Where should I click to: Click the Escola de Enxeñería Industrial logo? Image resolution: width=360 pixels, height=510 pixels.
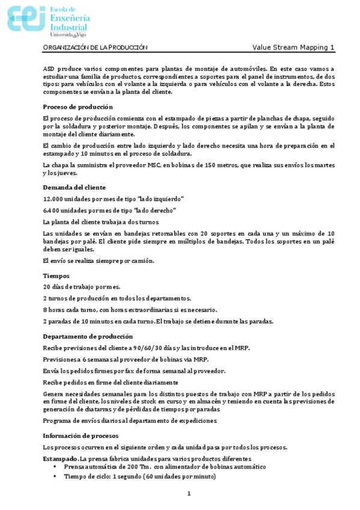47,19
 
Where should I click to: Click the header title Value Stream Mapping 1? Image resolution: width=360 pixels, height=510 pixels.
293,48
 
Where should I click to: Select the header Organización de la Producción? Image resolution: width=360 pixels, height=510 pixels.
96,48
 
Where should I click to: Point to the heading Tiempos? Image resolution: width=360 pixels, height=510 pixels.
56,275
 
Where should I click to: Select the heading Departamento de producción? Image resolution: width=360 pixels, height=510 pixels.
88,336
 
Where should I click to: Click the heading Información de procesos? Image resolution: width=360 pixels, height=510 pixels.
81,435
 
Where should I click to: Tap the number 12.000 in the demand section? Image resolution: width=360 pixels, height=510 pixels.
53,198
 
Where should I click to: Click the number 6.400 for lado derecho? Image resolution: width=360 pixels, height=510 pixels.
51,210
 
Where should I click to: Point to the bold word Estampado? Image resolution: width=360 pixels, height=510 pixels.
60,458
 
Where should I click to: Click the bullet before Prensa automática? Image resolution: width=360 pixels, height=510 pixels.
55,467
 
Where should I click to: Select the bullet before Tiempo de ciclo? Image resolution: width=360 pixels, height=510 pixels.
55,476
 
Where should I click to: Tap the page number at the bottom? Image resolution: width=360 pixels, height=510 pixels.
188,494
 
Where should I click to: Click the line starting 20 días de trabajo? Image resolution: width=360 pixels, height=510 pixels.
81,287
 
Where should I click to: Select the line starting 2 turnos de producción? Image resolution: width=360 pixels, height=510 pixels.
117,298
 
